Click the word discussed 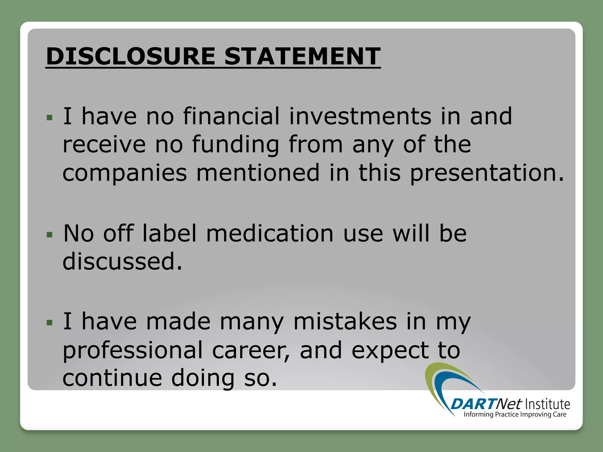[x=122, y=261]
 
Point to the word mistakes [x=345, y=321]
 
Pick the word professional [x=132, y=350]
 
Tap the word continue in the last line [x=112, y=378]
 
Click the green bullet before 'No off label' [x=49, y=235]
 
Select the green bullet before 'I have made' [x=49, y=323]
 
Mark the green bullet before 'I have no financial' [x=49, y=118]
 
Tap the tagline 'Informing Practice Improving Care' [x=515, y=415]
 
